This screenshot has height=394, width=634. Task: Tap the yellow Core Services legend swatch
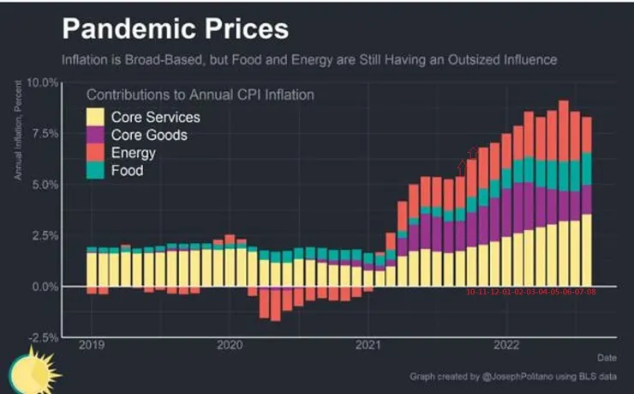(x=96, y=117)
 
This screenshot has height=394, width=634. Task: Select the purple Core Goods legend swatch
(x=96, y=135)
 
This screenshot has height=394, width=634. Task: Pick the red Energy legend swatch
(x=96, y=153)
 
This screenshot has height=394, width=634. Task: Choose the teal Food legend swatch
(x=96, y=171)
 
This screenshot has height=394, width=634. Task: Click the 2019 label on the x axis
(x=91, y=345)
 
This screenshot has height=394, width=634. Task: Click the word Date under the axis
(x=607, y=356)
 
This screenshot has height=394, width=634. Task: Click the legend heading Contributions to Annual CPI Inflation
(x=200, y=94)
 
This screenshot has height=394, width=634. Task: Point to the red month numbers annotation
(x=530, y=293)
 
